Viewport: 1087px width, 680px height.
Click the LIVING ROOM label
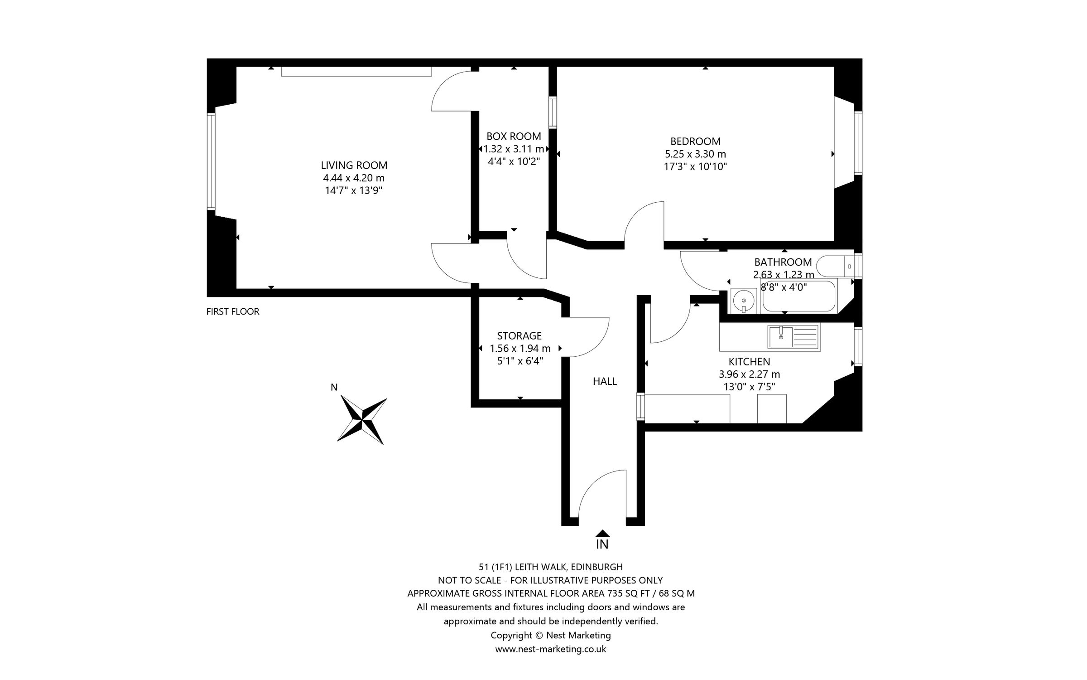[354, 165]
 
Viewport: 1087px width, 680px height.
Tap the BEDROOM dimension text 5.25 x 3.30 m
[695, 154]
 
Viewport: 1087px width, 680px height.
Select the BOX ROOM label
[514, 136]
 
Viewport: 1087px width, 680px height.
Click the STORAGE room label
[519, 336]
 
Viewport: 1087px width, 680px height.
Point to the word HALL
[605, 382]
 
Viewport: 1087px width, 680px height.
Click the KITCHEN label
[749, 362]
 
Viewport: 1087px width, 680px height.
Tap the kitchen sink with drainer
[794, 337]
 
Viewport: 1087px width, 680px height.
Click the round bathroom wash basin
[743, 301]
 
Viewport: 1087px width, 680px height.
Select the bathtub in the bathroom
[799, 296]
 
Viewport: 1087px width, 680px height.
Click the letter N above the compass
[334, 387]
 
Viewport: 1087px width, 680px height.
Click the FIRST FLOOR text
[233, 312]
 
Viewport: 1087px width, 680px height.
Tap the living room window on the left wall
[211, 161]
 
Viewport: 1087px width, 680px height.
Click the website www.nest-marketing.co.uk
[550, 649]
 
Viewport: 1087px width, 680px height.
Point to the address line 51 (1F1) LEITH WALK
[550, 567]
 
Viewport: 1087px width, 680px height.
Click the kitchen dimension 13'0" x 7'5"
[749, 387]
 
